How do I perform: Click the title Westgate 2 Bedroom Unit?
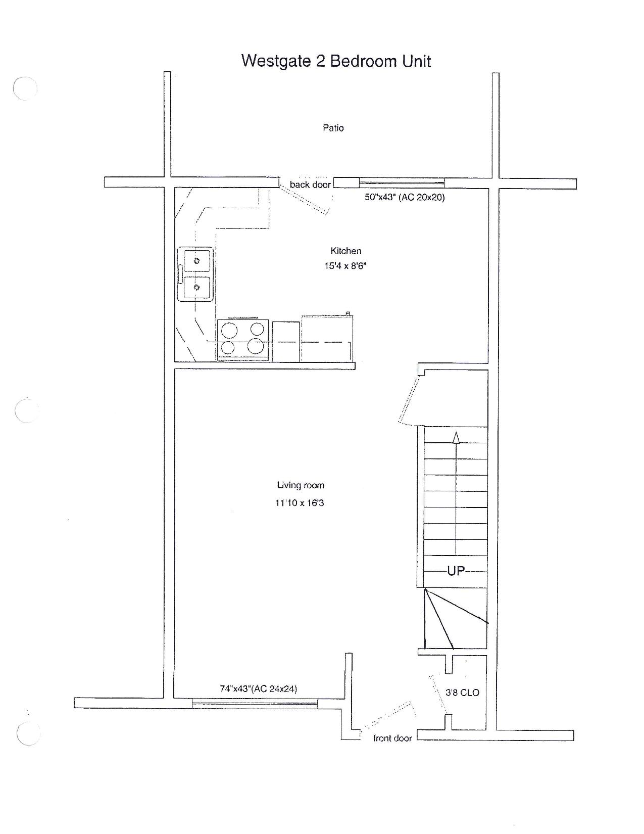pyautogui.click(x=336, y=61)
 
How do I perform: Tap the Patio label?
pyautogui.click(x=333, y=128)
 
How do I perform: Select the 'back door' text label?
pyautogui.click(x=310, y=184)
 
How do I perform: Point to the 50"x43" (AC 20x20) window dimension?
pyautogui.click(x=404, y=197)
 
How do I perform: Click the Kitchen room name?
pyautogui.click(x=345, y=251)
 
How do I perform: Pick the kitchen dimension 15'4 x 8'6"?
pyautogui.click(x=345, y=265)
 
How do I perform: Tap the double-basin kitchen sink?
pyautogui.click(x=195, y=274)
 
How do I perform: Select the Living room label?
pyautogui.click(x=301, y=485)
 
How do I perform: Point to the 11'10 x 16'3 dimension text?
pyautogui.click(x=300, y=503)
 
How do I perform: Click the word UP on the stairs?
pyautogui.click(x=456, y=571)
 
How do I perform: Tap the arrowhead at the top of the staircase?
pyautogui.click(x=456, y=437)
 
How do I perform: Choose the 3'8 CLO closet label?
pyautogui.click(x=462, y=693)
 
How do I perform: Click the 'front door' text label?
pyautogui.click(x=392, y=738)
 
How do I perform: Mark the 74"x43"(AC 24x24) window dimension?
pyautogui.click(x=258, y=689)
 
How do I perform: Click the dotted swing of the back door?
pyautogui.click(x=305, y=200)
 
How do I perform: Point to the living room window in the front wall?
pyautogui.click(x=254, y=703)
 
